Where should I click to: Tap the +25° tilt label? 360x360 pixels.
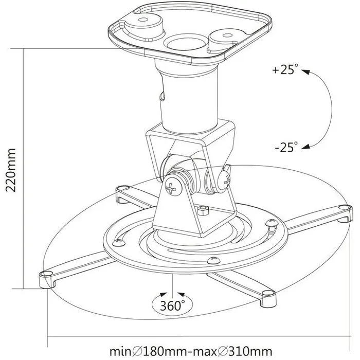click(285, 70)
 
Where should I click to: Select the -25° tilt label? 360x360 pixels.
click(285, 147)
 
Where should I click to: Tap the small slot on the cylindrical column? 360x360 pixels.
click(161, 95)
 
